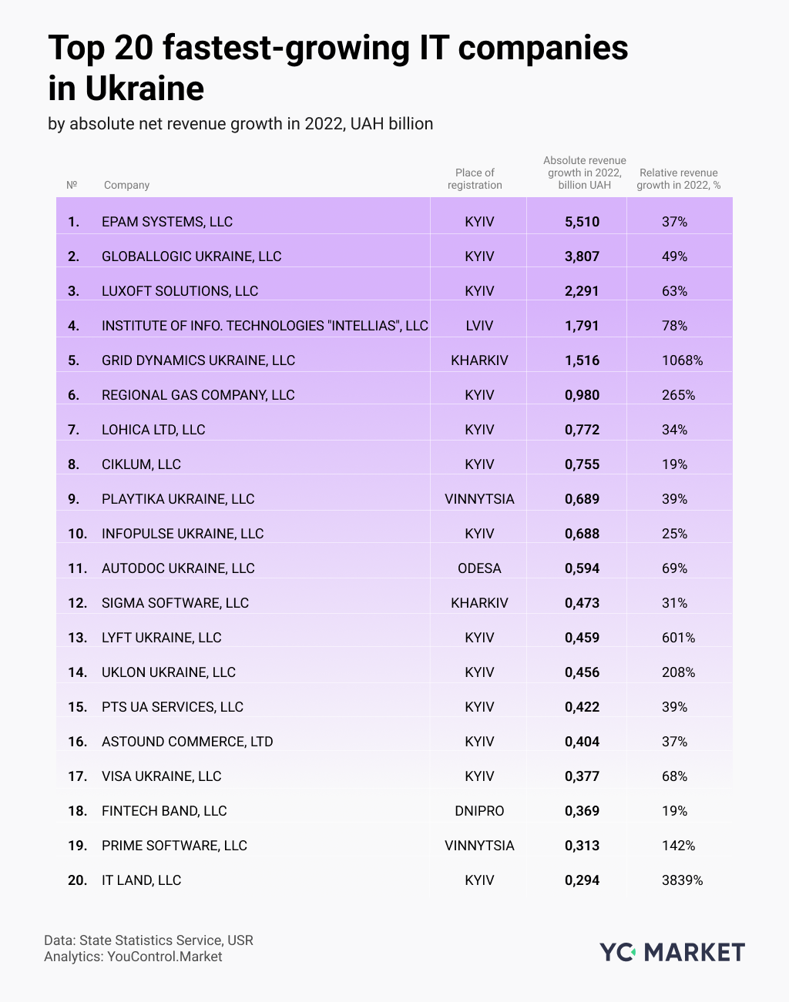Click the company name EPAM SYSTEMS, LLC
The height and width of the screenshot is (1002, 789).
point(166,222)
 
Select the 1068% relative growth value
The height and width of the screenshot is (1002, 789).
point(682,360)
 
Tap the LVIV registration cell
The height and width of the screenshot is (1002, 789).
point(479,326)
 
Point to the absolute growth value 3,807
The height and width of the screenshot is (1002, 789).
point(582,256)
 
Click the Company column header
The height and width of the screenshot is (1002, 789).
point(126,185)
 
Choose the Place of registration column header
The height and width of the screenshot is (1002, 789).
point(475,179)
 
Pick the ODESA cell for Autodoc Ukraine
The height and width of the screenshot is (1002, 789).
point(479,568)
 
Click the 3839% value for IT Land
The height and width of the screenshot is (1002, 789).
point(682,880)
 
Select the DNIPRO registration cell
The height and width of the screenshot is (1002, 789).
point(479,811)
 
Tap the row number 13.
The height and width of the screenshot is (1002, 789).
point(77,638)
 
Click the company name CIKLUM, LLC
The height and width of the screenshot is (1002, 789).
point(141,464)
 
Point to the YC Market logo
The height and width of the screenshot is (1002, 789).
point(672,952)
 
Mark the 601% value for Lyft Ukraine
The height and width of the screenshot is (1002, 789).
point(678,638)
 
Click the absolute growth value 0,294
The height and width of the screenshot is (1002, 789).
point(582,880)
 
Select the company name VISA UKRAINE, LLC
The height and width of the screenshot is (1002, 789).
point(161,776)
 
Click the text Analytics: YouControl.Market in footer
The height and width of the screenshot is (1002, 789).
point(133,957)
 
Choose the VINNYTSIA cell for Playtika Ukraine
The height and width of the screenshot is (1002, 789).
point(479,499)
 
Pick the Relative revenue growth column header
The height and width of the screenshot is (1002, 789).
point(678,179)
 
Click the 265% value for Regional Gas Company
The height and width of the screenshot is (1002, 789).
point(678,395)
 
